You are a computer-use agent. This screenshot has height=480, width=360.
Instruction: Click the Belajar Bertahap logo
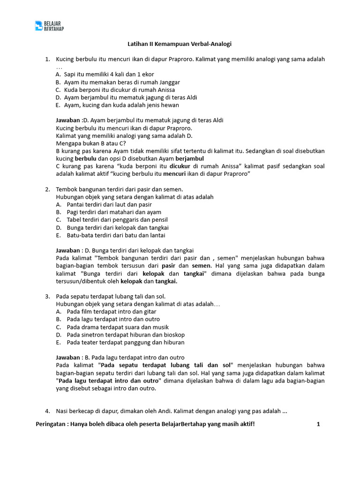click(x=50, y=26)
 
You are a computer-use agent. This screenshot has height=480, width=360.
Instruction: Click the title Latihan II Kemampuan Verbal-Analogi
click(x=180, y=44)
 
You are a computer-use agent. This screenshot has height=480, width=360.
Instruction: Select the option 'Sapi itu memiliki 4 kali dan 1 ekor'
click(x=109, y=75)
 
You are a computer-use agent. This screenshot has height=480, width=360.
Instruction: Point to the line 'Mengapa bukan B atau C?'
click(x=91, y=143)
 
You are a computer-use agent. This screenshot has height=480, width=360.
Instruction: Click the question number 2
click(x=47, y=189)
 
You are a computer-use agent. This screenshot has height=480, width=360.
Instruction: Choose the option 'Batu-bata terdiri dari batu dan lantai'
click(x=116, y=235)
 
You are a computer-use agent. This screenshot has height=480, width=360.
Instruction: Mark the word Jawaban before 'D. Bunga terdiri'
click(x=68, y=250)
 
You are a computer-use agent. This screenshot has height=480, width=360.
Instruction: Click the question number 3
click(x=47, y=296)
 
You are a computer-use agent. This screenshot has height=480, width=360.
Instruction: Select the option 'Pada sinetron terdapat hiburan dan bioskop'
click(x=126, y=335)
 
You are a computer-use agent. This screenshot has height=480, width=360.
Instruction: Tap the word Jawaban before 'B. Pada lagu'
click(x=68, y=357)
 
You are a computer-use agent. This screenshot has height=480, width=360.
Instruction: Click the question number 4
click(x=47, y=411)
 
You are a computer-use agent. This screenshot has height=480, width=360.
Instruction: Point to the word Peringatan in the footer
click(x=51, y=425)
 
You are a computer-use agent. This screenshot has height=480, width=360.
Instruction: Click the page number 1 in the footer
click(x=318, y=425)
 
